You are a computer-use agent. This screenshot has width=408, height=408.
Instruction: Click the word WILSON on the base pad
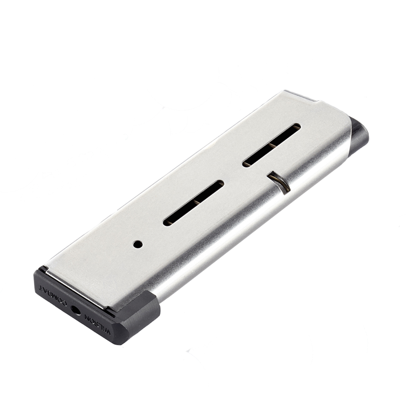(x=97, y=324)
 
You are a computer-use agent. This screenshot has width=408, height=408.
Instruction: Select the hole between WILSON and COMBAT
(x=76, y=310)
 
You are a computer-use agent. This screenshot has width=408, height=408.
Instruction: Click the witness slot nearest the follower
(x=272, y=145)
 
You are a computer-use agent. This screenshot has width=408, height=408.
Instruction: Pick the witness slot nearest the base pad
(x=193, y=203)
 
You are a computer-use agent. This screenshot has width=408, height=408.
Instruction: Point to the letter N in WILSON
(x=86, y=317)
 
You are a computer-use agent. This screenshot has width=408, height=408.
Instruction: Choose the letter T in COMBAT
(x=42, y=288)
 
